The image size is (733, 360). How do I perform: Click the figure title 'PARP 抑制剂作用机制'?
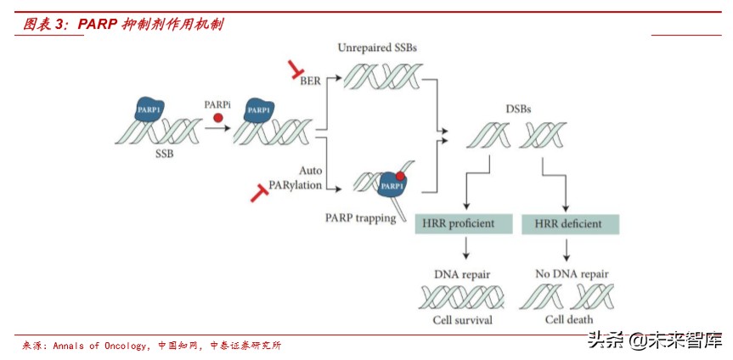coord(150,25)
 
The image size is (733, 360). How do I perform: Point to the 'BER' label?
coord(312,81)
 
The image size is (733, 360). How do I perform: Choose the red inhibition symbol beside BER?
coord(295,69)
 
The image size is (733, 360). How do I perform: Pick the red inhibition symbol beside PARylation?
coord(260,194)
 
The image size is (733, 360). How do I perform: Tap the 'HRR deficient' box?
coord(568,224)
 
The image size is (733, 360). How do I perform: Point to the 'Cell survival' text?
coord(463,320)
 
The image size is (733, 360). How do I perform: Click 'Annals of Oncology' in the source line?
coord(102,346)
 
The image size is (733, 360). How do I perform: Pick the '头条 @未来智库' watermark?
coord(655,341)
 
